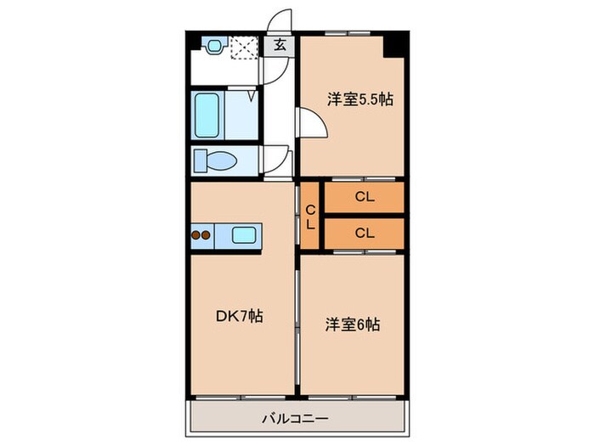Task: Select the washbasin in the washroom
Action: click(x=213, y=45)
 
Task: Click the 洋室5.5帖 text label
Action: click(x=361, y=99)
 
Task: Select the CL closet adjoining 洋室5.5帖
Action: click(x=364, y=198)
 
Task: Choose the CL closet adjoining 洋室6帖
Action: click(x=364, y=231)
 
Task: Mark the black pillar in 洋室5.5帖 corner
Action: click(x=394, y=45)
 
